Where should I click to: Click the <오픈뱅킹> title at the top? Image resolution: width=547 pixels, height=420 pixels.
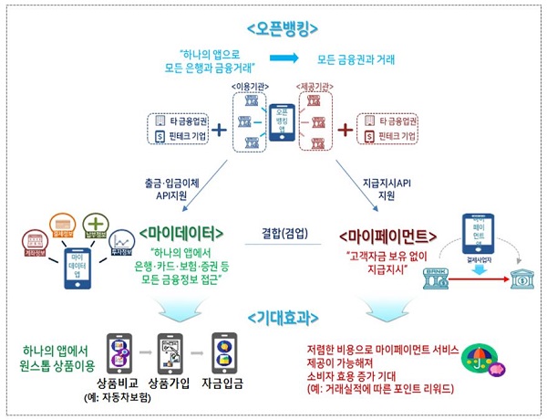273,28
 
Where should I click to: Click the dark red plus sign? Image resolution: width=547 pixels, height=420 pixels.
345,129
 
